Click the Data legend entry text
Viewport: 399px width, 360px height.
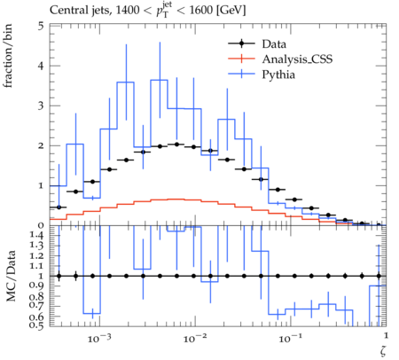(274, 44)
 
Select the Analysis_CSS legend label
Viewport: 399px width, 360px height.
(297, 59)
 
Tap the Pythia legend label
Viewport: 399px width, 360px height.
(278, 74)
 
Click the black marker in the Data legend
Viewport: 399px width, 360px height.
(241, 43)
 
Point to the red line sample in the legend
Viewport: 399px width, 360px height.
(241, 59)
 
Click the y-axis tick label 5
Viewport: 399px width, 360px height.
(41, 27)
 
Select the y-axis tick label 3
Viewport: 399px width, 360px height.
(41, 106)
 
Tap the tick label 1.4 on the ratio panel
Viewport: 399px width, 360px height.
(36, 235)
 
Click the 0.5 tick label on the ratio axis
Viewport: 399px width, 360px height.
(36, 325)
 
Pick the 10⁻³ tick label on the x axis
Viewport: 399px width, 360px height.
(99, 338)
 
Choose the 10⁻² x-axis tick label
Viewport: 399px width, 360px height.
(195, 338)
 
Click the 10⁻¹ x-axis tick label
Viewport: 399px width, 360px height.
(291, 338)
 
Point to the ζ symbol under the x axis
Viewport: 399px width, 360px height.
(383, 351)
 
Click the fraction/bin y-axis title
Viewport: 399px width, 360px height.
(8, 56)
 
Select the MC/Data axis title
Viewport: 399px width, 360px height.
(11, 276)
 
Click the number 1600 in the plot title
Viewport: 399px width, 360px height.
(200, 11)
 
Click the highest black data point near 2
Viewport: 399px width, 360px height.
(176, 145)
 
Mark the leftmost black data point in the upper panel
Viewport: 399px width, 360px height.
(59, 207)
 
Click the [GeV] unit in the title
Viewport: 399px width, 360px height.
(231, 11)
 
